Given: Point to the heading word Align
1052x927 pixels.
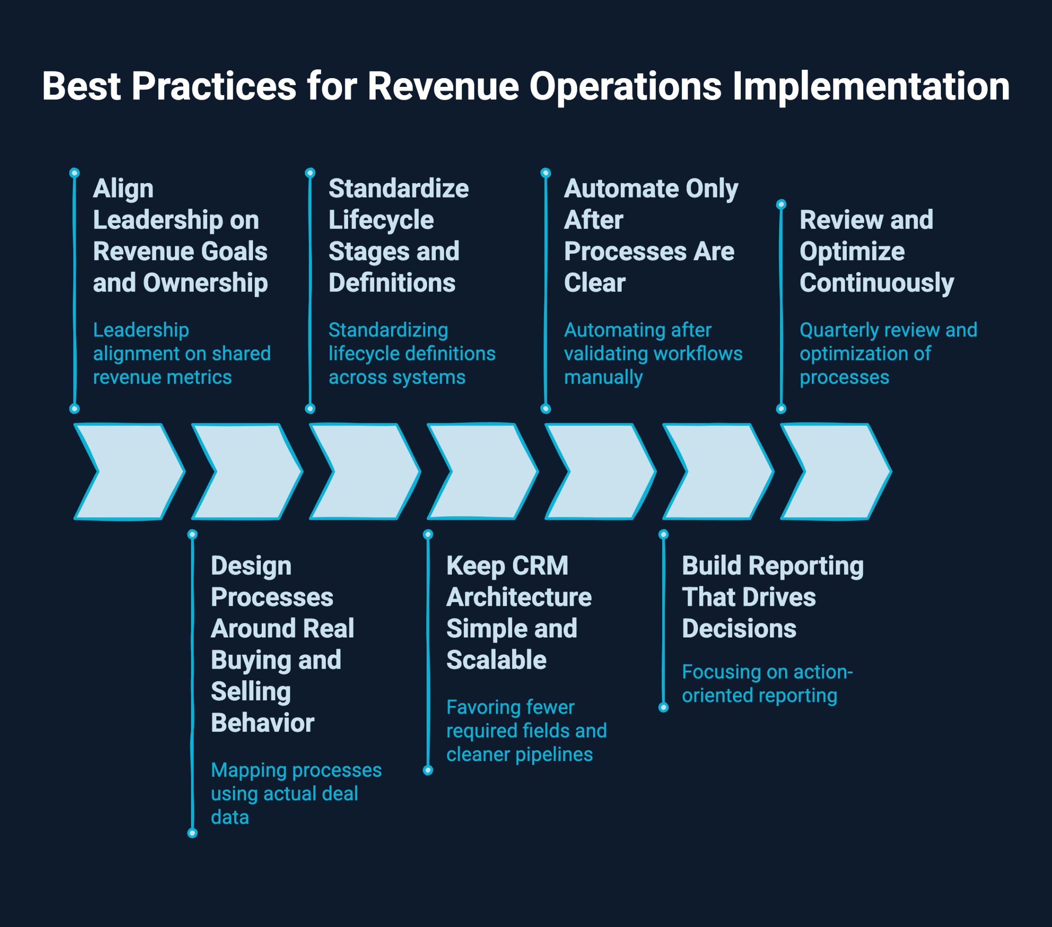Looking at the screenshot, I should (x=123, y=189).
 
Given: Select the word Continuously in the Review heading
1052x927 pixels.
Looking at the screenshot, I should (x=877, y=283).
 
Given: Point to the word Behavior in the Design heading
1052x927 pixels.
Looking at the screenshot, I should (x=263, y=723).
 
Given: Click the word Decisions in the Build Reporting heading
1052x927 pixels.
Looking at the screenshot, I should (x=739, y=629).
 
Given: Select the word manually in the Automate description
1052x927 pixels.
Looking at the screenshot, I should (x=603, y=377).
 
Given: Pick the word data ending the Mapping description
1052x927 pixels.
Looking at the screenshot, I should (x=230, y=817).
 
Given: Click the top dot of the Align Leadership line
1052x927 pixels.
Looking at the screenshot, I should (x=75, y=172).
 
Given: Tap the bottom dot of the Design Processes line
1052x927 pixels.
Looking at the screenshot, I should (x=192, y=833).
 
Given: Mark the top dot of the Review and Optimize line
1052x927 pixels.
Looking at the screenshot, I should (x=781, y=205).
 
